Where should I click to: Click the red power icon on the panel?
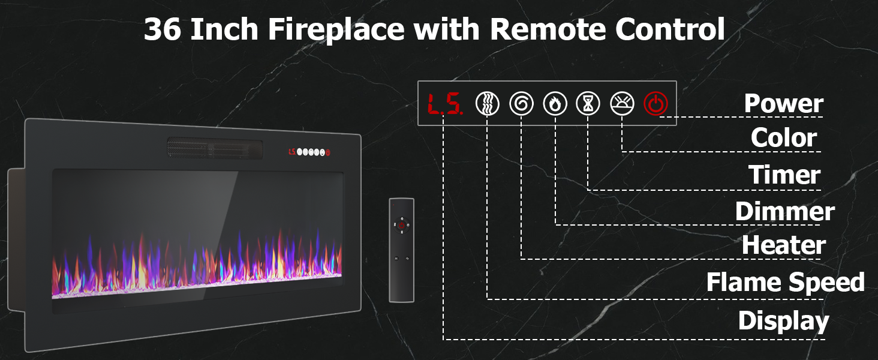click(656, 104)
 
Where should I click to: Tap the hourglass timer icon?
click(588, 104)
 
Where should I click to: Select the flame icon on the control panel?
click(555, 104)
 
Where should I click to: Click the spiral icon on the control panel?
click(521, 104)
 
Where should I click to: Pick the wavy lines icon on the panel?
click(488, 104)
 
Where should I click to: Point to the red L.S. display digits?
click(444, 104)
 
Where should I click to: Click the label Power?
click(783, 104)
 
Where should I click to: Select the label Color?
click(783, 138)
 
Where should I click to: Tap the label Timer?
click(784, 175)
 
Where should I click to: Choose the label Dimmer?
click(784, 211)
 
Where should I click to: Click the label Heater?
click(783, 245)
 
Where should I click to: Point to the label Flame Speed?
click(785, 282)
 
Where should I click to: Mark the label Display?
click(783, 320)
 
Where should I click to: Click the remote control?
click(401, 250)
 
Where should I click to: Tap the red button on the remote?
click(401, 226)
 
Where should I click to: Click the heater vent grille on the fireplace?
click(214, 148)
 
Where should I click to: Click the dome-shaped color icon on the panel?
click(622, 104)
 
